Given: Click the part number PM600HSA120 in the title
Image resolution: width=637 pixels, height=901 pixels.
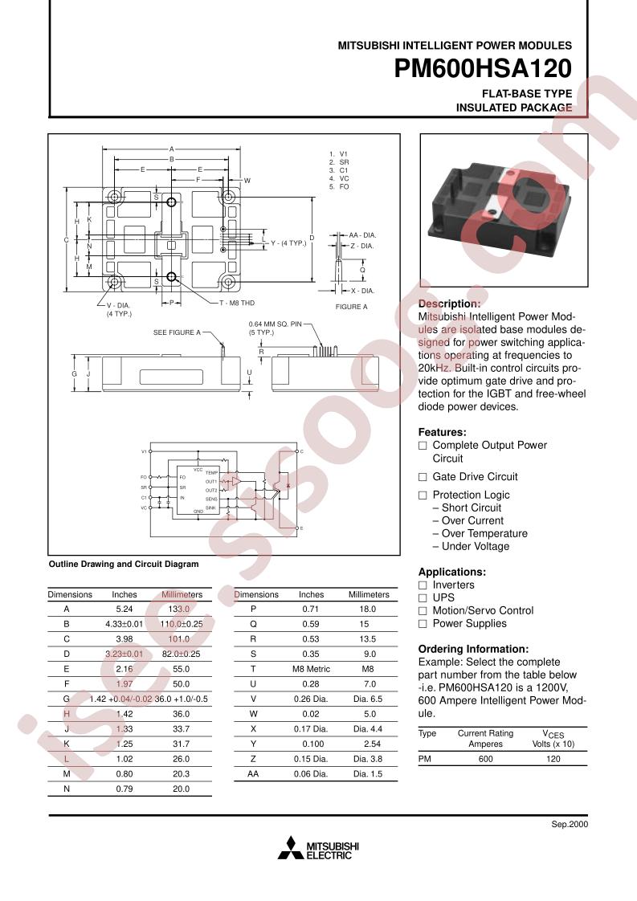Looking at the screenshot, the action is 483,70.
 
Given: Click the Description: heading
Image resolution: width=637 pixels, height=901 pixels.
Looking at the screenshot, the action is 449,304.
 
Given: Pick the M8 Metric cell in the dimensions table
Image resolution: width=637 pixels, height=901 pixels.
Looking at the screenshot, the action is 311,668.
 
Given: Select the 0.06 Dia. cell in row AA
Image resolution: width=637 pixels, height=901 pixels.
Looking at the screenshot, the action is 311,774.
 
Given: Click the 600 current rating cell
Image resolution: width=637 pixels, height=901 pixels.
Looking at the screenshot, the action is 485,758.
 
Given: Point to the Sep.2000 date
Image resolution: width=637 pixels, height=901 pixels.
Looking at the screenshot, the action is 570,825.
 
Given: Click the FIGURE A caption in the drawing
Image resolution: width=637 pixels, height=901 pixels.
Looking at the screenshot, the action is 351,307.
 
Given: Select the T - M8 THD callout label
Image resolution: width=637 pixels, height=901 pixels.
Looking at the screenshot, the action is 236,303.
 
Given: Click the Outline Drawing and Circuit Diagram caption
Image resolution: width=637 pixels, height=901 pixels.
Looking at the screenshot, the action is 124,564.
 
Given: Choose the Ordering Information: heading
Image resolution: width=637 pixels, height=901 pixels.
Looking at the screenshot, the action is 473,649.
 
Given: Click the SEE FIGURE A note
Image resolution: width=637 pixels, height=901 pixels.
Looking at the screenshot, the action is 177,332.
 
